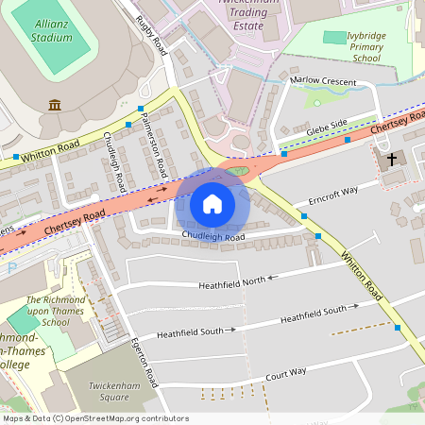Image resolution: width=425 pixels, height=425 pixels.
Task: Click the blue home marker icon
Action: coord(212,203)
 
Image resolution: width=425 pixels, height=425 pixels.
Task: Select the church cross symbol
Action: coord(391,158)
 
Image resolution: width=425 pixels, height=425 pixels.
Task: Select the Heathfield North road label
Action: coord(232,281)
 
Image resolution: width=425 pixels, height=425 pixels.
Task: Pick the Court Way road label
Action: coord(285,372)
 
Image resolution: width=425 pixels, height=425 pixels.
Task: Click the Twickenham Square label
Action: coord(115,391)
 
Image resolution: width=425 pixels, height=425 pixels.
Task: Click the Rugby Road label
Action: coord(150,35)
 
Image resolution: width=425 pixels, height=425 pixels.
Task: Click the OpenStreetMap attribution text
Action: coord(95,418)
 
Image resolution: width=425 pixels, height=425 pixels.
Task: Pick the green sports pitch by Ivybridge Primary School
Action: coord(333,37)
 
